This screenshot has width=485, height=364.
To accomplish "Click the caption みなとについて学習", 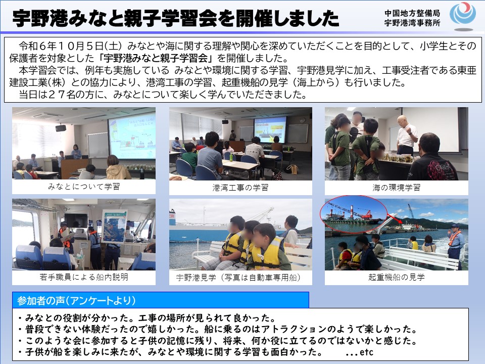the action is (x=84, y=187).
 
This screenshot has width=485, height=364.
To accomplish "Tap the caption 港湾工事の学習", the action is (x=240, y=188).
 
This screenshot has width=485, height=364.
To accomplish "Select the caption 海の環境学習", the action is (x=396, y=188).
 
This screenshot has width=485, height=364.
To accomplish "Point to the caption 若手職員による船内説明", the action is (x=84, y=277).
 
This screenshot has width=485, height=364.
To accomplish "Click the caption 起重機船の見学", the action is (x=396, y=277).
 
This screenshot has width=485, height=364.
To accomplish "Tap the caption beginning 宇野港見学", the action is (x=238, y=278).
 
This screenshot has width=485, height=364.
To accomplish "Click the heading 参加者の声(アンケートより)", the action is (x=76, y=300).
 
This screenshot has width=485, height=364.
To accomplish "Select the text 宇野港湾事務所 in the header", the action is (x=412, y=23).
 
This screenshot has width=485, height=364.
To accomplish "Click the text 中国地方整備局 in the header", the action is (x=412, y=13).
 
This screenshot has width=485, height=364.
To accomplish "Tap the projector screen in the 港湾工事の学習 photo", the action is (x=270, y=130).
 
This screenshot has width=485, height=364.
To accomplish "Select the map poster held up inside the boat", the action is (x=114, y=226).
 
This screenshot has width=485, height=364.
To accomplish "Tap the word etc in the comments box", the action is (x=367, y=352).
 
